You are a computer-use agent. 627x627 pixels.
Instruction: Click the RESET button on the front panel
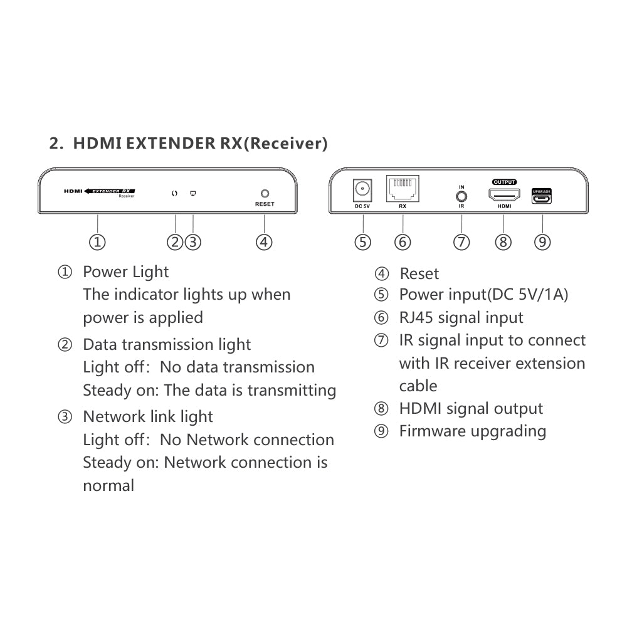(x=265, y=194)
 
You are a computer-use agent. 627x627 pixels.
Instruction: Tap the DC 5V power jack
(x=362, y=190)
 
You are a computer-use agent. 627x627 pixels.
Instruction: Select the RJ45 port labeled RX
(x=403, y=188)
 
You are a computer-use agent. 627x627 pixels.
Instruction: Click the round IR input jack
(x=461, y=196)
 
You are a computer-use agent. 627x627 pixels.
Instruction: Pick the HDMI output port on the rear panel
(x=504, y=195)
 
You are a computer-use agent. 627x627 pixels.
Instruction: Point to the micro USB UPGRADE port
(x=542, y=196)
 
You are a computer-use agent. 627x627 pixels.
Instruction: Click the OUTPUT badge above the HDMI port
(x=504, y=182)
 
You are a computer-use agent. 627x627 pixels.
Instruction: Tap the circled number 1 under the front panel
(x=97, y=242)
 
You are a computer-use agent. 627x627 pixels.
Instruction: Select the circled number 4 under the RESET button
(x=264, y=242)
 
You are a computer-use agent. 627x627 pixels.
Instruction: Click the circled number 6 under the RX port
(x=403, y=242)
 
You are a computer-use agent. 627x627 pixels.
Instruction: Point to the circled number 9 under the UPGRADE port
(x=542, y=242)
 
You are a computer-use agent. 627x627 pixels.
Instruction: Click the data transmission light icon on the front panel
(x=174, y=194)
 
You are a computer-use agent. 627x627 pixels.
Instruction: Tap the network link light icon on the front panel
(x=193, y=194)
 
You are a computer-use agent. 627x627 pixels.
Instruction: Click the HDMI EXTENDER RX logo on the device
(x=100, y=192)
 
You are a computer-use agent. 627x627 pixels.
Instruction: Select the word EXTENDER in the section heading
(x=171, y=143)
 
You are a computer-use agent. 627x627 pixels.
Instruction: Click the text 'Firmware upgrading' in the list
(x=473, y=431)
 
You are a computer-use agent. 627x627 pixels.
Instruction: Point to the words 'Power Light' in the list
(x=125, y=272)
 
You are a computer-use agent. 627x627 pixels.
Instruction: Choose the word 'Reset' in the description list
(x=419, y=274)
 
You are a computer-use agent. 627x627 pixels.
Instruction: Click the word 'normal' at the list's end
(x=108, y=485)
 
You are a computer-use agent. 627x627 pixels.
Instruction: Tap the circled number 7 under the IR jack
(x=461, y=242)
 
